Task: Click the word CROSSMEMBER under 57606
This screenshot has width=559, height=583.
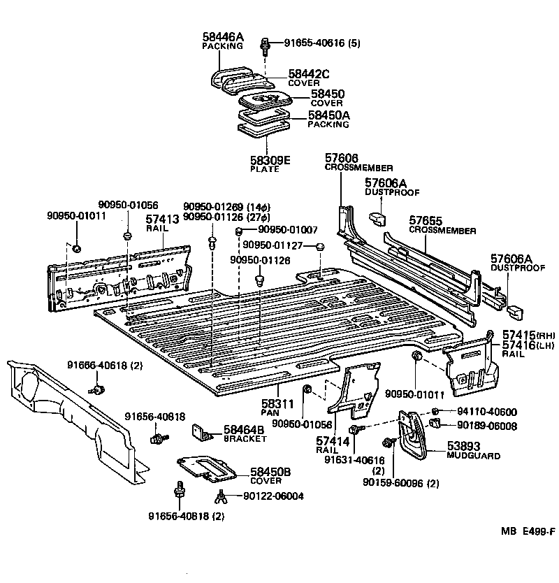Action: [358, 168]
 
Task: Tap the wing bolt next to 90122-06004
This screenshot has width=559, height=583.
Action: [220, 497]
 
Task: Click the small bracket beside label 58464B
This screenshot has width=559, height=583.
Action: [203, 433]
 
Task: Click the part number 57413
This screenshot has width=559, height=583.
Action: [163, 219]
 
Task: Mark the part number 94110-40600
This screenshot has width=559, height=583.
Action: [487, 412]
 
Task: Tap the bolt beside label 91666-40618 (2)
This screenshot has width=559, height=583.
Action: [101, 389]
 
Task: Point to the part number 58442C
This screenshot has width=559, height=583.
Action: [306, 74]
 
